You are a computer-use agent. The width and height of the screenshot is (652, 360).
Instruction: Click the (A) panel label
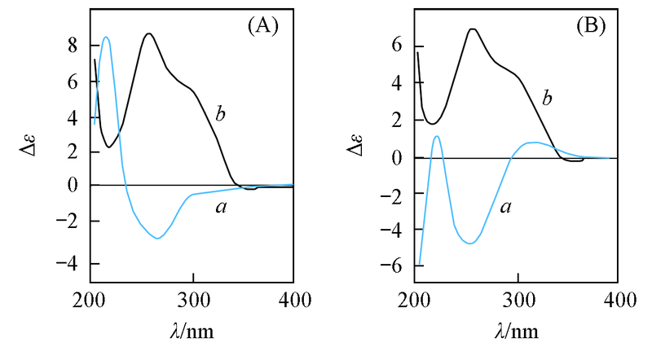(x=263, y=26)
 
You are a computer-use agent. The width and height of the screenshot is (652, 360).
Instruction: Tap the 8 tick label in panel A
(x=73, y=46)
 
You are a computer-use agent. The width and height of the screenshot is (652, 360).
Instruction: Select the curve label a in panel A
(x=220, y=209)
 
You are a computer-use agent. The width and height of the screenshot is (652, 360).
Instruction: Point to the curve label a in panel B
(x=505, y=208)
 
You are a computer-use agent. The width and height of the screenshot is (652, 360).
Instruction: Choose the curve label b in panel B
(x=548, y=99)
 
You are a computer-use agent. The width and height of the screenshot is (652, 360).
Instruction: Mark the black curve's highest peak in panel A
(x=148, y=34)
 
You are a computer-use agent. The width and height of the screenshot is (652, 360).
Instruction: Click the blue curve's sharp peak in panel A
(x=106, y=37)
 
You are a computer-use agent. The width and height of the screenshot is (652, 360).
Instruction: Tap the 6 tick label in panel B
(x=397, y=46)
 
